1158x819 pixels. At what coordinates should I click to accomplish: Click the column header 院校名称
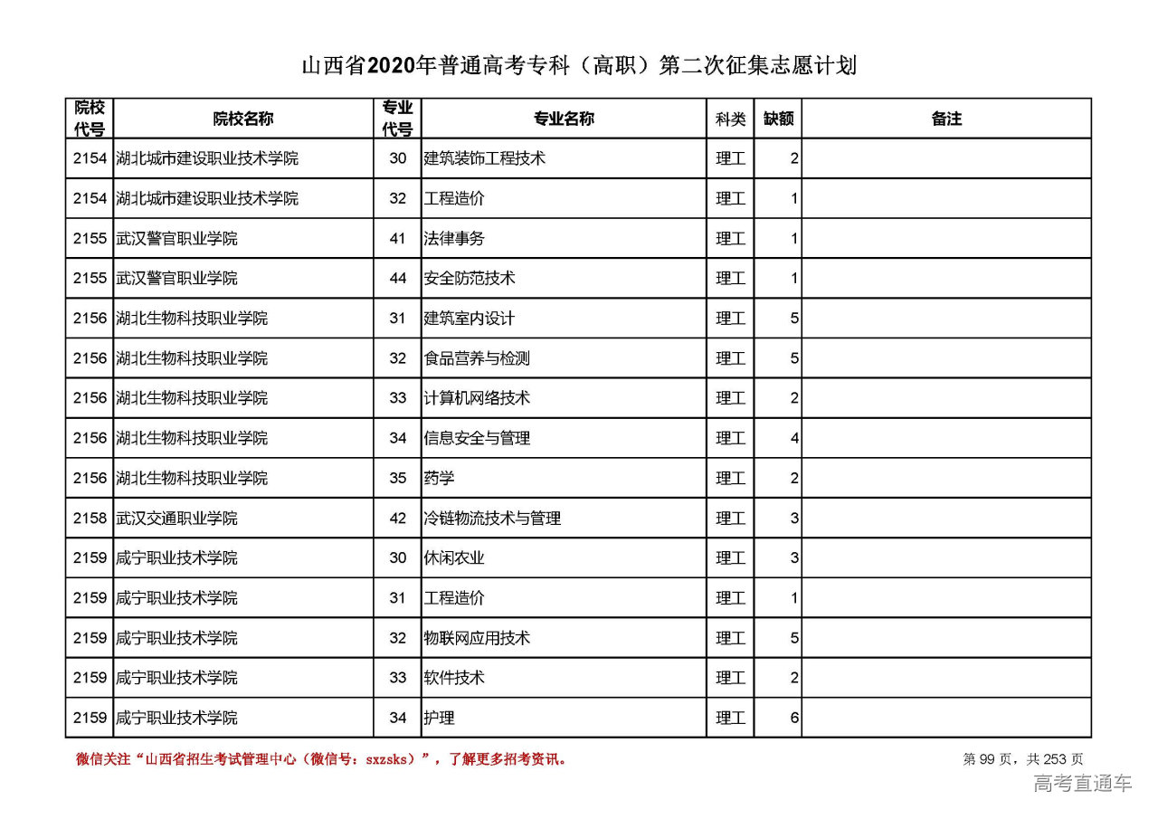click(x=243, y=119)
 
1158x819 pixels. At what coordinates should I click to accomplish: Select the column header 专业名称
click(x=563, y=119)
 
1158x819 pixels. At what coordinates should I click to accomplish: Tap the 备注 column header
click(x=946, y=119)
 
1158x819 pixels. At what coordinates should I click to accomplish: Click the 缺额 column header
click(x=778, y=119)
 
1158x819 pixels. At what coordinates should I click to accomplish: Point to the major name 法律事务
click(x=454, y=239)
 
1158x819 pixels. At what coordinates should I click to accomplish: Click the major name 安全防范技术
click(x=470, y=279)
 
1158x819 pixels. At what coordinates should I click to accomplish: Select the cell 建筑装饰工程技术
click(x=485, y=158)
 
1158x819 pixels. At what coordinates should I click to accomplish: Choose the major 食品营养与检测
click(x=477, y=358)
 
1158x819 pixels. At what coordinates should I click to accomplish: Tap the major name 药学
click(x=439, y=478)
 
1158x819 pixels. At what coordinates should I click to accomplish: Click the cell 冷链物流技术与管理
click(x=492, y=519)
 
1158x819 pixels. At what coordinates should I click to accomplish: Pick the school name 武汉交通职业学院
click(x=176, y=519)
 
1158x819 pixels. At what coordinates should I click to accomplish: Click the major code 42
click(x=398, y=519)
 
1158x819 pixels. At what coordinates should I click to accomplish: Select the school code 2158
click(x=90, y=519)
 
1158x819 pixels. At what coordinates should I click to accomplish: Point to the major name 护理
click(x=439, y=719)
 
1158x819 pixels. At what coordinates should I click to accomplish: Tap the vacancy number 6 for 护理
click(x=793, y=719)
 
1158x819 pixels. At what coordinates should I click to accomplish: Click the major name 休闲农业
click(x=454, y=558)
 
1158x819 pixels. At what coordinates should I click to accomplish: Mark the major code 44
click(x=398, y=279)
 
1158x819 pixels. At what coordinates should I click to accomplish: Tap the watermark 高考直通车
click(x=1082, y=784)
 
